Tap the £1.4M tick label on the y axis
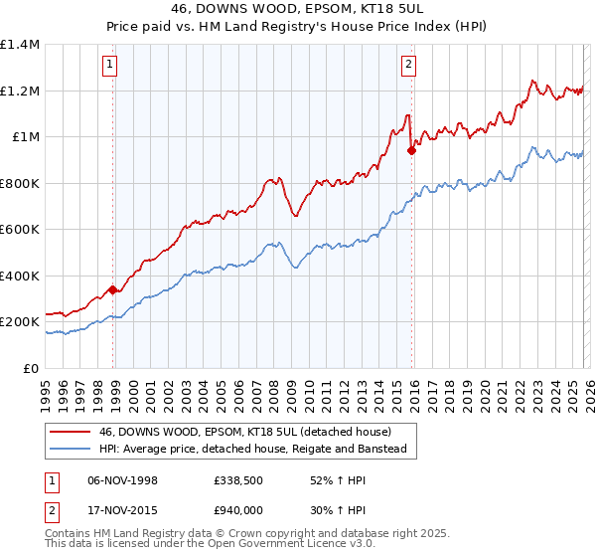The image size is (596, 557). tap(20, 45)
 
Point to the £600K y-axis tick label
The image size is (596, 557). tap(20, 230)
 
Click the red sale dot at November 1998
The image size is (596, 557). tap(113, 290)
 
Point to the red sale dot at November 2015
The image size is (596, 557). tap(412, 151)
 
